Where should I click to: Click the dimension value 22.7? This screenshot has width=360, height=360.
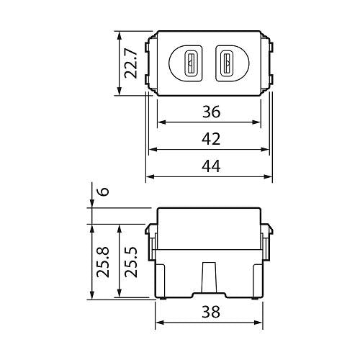[130, 63]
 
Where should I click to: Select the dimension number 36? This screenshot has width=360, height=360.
[210, 112]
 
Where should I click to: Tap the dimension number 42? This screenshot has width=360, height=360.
[210, 138]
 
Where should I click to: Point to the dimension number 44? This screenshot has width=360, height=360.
[210, 166]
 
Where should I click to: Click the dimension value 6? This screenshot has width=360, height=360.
[103, 192]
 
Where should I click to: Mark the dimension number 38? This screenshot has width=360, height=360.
[210, 312]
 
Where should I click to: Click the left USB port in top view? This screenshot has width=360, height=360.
[191, 63]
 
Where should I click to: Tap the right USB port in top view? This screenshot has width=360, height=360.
[228, 63]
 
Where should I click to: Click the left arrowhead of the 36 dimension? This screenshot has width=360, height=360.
[161, 122]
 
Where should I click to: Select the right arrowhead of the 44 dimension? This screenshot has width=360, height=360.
[269, 176]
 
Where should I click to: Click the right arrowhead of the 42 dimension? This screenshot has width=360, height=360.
[266, 149]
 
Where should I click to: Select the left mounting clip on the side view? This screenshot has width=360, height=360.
[150, 241]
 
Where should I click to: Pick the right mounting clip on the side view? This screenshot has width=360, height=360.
[269, 241]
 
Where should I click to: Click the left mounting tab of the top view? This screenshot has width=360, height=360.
[148, 63]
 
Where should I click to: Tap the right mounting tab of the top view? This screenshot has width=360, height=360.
[271, 63]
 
